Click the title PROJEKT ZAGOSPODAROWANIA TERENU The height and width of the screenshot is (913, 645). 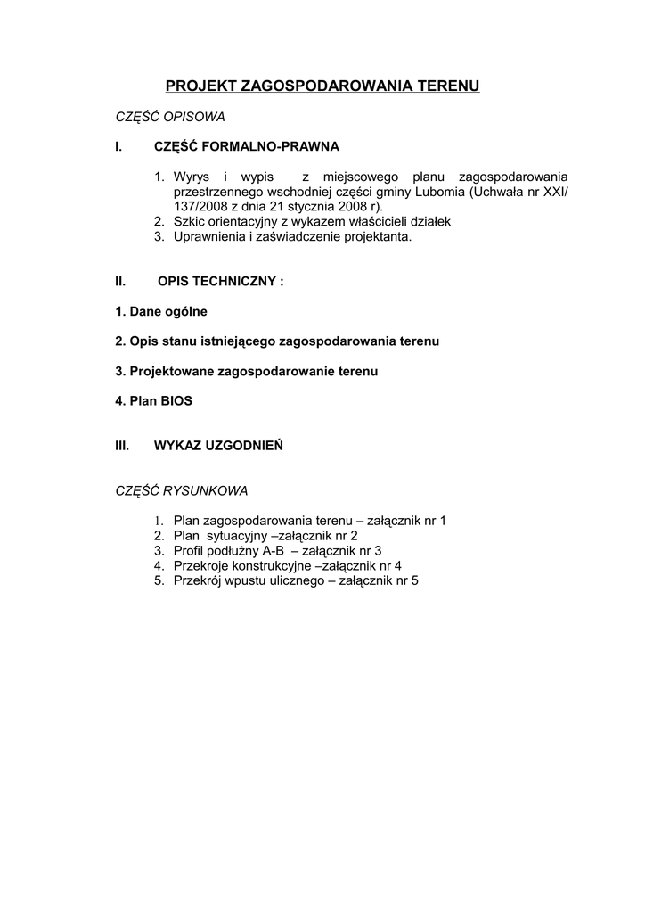[x=322, y=86]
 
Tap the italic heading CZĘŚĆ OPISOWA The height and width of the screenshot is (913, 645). [x=170, y=117]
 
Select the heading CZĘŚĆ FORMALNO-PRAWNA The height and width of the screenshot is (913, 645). [x=247, y=145]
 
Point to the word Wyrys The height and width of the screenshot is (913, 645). [x=192, y=177]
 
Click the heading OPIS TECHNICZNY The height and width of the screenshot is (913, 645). [x=220, y=282]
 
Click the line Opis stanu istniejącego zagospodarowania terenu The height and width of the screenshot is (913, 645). [x=277, y=341]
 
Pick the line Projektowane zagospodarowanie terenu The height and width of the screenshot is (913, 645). [x=247, y=371]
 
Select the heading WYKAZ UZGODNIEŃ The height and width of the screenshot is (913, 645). [x=218, y=445]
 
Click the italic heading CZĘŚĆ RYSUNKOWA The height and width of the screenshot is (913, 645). [x=182, y=490]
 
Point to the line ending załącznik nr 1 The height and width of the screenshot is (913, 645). [x=309, y=521]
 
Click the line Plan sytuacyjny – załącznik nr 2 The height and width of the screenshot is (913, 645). [x=265, y=536]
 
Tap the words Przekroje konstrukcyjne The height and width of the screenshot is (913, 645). [x=242, y=565]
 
